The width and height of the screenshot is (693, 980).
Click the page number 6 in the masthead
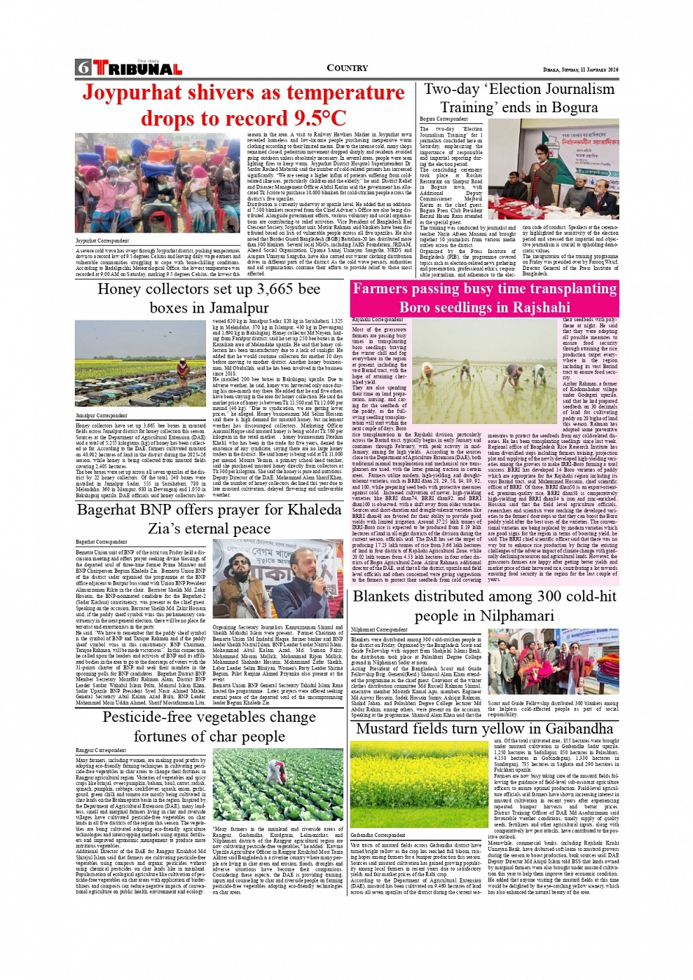(83, 68)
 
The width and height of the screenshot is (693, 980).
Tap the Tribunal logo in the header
(137, 69)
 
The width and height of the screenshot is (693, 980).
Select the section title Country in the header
(347, 68)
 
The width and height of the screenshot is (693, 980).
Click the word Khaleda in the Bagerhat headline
(304, 509)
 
